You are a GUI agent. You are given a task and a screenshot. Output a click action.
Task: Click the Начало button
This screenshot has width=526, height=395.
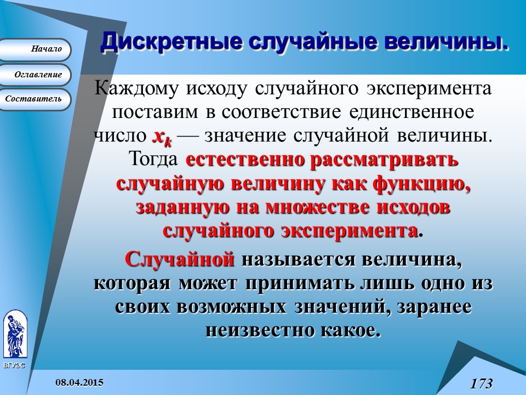point(35,49)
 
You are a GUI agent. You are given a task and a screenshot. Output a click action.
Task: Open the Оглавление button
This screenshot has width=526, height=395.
point(35,75)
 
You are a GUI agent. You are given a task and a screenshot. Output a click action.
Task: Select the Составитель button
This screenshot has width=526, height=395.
point(35,99)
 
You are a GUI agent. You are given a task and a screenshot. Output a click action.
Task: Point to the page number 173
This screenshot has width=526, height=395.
point(481,383)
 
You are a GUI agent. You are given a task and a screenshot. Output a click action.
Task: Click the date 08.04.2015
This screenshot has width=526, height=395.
point(81,381)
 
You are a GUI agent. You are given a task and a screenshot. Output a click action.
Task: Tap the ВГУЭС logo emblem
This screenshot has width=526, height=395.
point(14,335)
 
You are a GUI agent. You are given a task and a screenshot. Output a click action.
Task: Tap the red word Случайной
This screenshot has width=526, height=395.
point(180,259)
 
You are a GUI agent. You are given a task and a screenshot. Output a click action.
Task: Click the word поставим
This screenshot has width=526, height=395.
point(153,112)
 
